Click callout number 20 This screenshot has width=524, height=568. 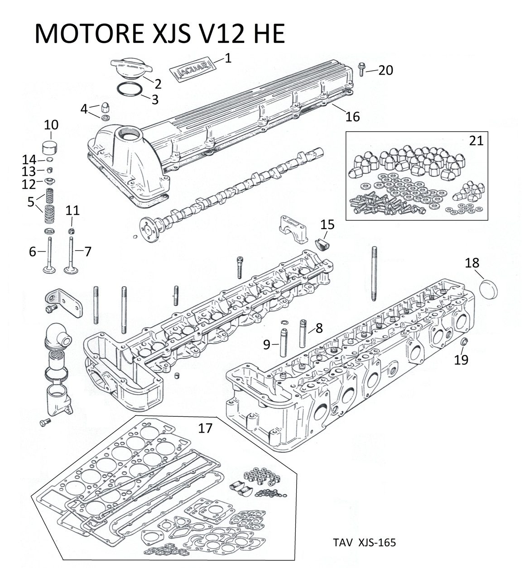pyautogui.click(x=385, y=70)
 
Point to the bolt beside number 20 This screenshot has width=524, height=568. pyautogui.click(x=361, y=69)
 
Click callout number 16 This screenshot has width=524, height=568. pyautogui.click(x=352, y=116)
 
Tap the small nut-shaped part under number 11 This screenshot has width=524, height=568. pyautogui.click(x=72, y=231)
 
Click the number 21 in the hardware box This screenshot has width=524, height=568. pyautogui.click(x=476, y=141)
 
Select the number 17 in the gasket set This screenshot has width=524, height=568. pyautogui.click(x=205, y=428)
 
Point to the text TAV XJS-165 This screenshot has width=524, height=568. pyautogui.click(x=364, y=542)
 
